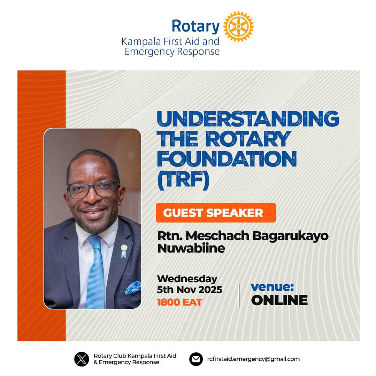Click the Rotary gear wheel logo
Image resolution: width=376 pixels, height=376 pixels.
coord(238,26)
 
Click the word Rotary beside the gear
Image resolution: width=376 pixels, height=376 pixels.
coord(195,26)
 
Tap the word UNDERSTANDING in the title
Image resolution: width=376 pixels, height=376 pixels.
coord(248,119)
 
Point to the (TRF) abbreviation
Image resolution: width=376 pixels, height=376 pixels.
coord(183,180)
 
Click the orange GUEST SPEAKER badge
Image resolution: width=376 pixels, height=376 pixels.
coord(215,213)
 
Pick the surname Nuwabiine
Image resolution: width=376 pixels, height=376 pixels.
coord(191,248)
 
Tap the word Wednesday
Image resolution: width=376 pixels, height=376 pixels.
coord(187,279)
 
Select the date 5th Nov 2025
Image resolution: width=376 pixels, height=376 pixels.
coord(190,290)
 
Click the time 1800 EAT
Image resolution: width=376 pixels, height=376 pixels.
coord(179,302)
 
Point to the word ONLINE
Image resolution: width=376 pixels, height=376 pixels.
coord(279,300)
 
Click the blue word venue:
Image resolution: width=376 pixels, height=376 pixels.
coord(272,287)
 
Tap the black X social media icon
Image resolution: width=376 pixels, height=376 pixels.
coord(82,359)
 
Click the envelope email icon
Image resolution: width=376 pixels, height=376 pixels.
coord(196,359)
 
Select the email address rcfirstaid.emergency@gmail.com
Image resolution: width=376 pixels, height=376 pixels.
coord(253,359)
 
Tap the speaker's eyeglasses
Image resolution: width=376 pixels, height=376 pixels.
coord(93,190)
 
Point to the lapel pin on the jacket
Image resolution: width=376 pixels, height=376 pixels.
coord(124,250)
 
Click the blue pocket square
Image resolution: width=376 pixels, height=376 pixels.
coord(133,288)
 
